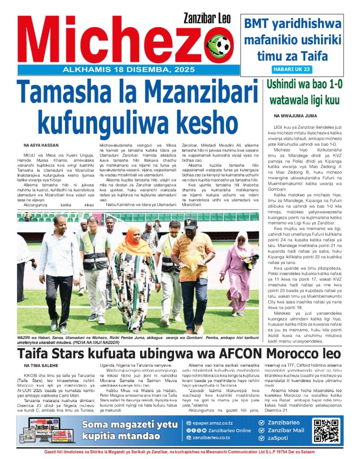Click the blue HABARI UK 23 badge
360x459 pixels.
click(292, 69)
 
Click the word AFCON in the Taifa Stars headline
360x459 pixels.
click(238, 353)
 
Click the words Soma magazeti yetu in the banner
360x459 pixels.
click(130, 424)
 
